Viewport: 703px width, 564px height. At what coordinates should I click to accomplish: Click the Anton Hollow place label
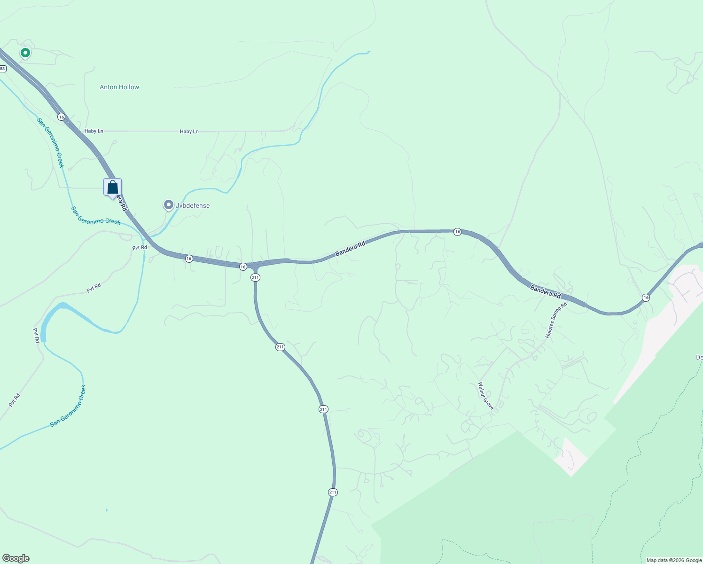(x=119, y=87)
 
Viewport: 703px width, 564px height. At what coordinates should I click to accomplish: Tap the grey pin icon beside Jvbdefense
(x=168, y=205)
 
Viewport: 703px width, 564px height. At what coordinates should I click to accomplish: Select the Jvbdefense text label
(x=193, y=205)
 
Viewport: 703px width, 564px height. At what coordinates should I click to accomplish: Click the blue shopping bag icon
(x=113, y=187)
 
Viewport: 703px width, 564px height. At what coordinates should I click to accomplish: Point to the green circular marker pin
(x=25, y=53)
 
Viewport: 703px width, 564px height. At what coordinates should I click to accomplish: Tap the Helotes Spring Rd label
(x=556, y=321)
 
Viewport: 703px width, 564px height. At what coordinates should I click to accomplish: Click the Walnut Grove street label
(x=486, y=396)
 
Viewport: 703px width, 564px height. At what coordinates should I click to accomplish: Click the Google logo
(x=16, y=558)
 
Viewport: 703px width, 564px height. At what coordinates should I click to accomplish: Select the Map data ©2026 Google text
(x=674, y=560)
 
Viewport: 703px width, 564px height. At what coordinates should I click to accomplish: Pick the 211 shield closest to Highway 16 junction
(x=255, y=277)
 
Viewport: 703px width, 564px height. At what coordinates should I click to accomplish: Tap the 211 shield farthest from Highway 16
(x=333, y=492)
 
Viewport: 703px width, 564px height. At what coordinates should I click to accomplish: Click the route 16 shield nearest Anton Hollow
(x=61, y=116)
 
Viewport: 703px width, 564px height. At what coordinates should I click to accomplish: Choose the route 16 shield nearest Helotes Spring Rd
(x=646, y=298)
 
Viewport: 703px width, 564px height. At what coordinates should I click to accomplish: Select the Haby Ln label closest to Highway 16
(x=94, y=131)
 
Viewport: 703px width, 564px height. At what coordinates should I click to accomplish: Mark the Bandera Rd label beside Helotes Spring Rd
(x=546, y=291)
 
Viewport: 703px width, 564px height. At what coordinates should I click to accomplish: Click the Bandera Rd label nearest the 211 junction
(x=350, y=249)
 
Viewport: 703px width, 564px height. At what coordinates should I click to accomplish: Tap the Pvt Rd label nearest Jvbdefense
(x=140, y=247)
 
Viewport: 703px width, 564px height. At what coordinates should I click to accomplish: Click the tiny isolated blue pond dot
(x=107, y=510)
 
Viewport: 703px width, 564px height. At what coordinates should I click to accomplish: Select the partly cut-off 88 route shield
(x=2, y=69)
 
